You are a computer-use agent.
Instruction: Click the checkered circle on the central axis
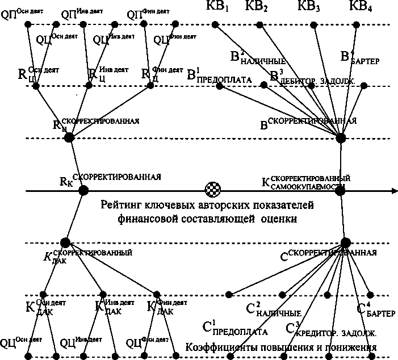pos(211,190)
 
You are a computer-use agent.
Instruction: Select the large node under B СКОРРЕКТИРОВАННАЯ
pos(341,138)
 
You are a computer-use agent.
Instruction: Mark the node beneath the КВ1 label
pos(215,24)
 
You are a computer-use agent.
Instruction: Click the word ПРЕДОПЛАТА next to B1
pos(225,80)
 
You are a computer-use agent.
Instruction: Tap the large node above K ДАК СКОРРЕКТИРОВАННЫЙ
pos(65,242)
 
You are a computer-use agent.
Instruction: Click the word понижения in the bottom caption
pos(350,346)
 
